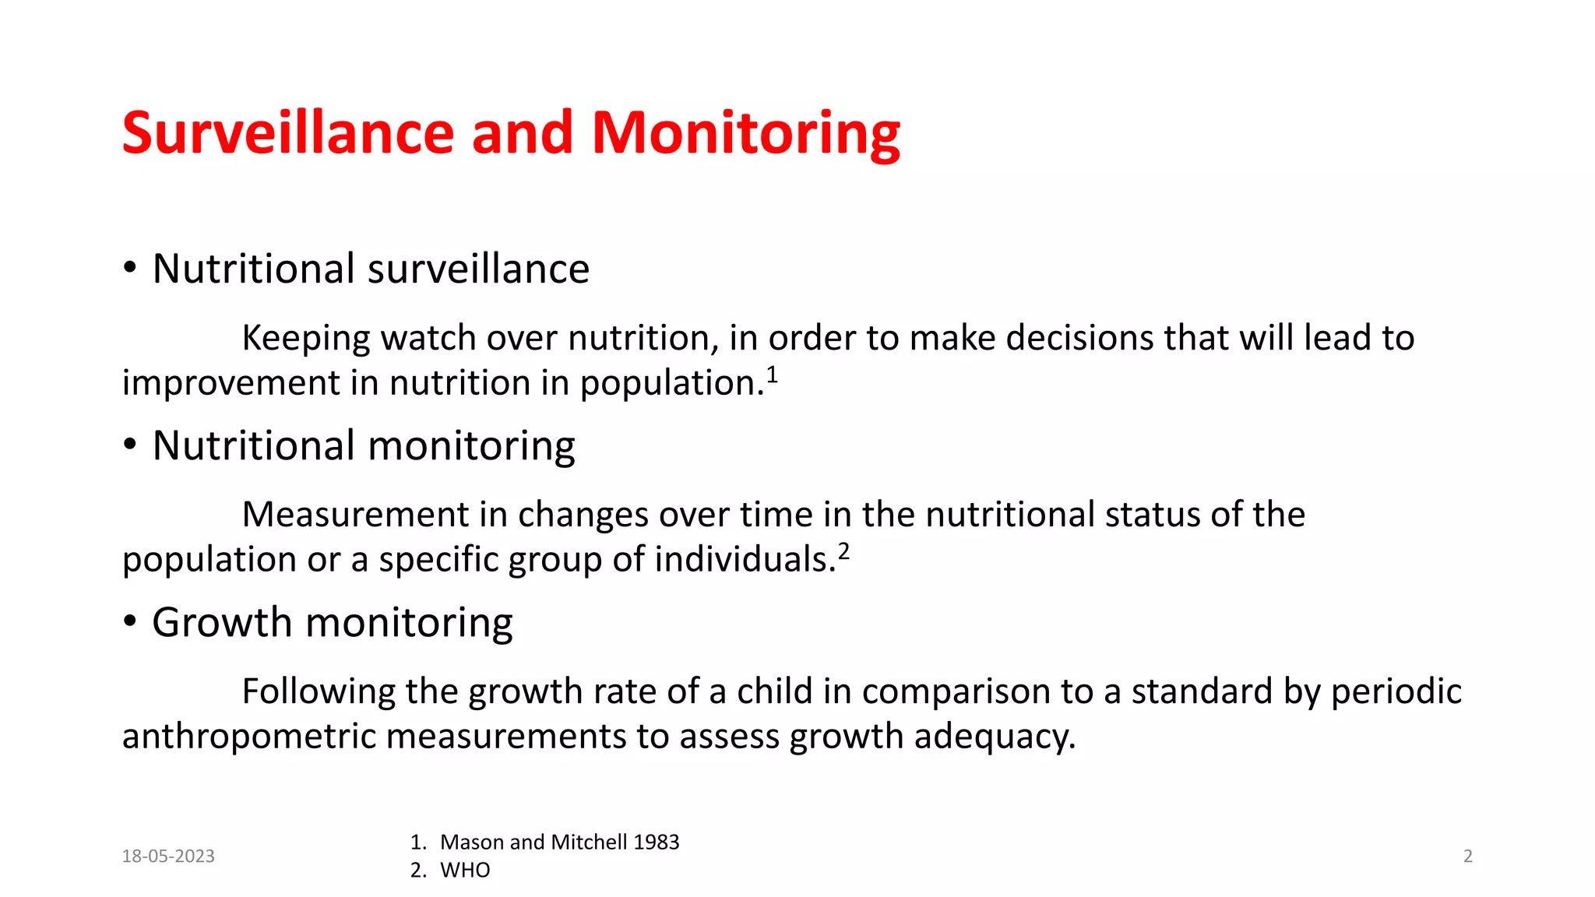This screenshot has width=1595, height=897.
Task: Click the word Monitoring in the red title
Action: (x=745, y=134)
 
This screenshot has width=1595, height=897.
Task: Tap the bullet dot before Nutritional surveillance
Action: (x=130, y=269)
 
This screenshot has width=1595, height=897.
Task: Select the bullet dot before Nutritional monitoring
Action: (x=130, y=445)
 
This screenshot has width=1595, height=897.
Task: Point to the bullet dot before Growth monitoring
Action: (x=130, y=622)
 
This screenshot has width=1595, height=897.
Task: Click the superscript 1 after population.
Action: (x=772, y=375)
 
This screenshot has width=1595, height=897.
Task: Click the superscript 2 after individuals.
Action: (x=843, y=552)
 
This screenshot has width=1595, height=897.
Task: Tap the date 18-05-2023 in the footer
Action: (x=168, y=857)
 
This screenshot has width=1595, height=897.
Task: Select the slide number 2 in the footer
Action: (x=1468, y=857)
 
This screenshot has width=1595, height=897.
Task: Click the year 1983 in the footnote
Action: (x=656, y=842)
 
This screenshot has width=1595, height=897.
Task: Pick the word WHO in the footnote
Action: (x=465, y=871)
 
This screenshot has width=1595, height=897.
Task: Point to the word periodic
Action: (x=1396, y=692)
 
